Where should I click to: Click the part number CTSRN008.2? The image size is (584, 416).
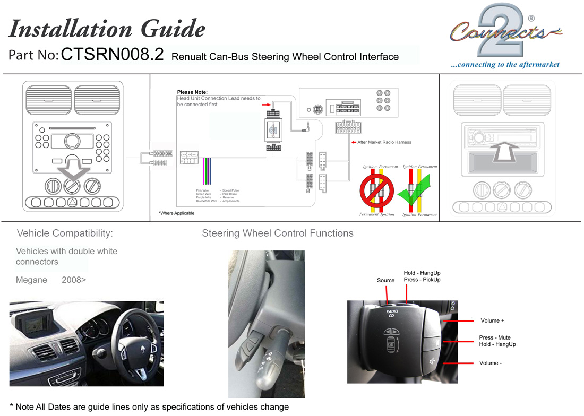tap(113, 55)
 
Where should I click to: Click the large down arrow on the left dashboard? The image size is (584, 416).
tap(72, 169)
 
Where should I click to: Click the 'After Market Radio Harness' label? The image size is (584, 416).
tap(384, 142)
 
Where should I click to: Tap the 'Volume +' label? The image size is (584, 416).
tap(492, 320)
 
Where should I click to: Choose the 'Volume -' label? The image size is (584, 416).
tap(491, 363)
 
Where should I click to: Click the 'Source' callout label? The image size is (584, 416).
tap(385, 280)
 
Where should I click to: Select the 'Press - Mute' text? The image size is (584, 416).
tap(495, 337)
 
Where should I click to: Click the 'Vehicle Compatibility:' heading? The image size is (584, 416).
tap(65, 233)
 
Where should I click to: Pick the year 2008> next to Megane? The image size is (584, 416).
tap(74, 280)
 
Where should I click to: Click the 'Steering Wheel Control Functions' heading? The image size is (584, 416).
tap(278, 233)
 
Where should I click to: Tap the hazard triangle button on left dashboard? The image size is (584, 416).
tap(72, 202)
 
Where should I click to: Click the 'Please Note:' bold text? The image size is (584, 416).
tap(192, 92)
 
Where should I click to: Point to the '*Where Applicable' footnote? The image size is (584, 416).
tap(176, 213)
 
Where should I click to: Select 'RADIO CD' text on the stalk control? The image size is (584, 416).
tap(392, 313)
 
